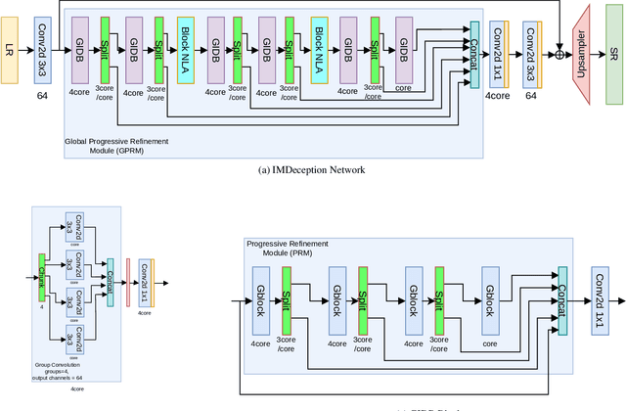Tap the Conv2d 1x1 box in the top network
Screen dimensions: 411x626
point(498,47)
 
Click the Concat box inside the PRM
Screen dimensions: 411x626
point(561,299)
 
